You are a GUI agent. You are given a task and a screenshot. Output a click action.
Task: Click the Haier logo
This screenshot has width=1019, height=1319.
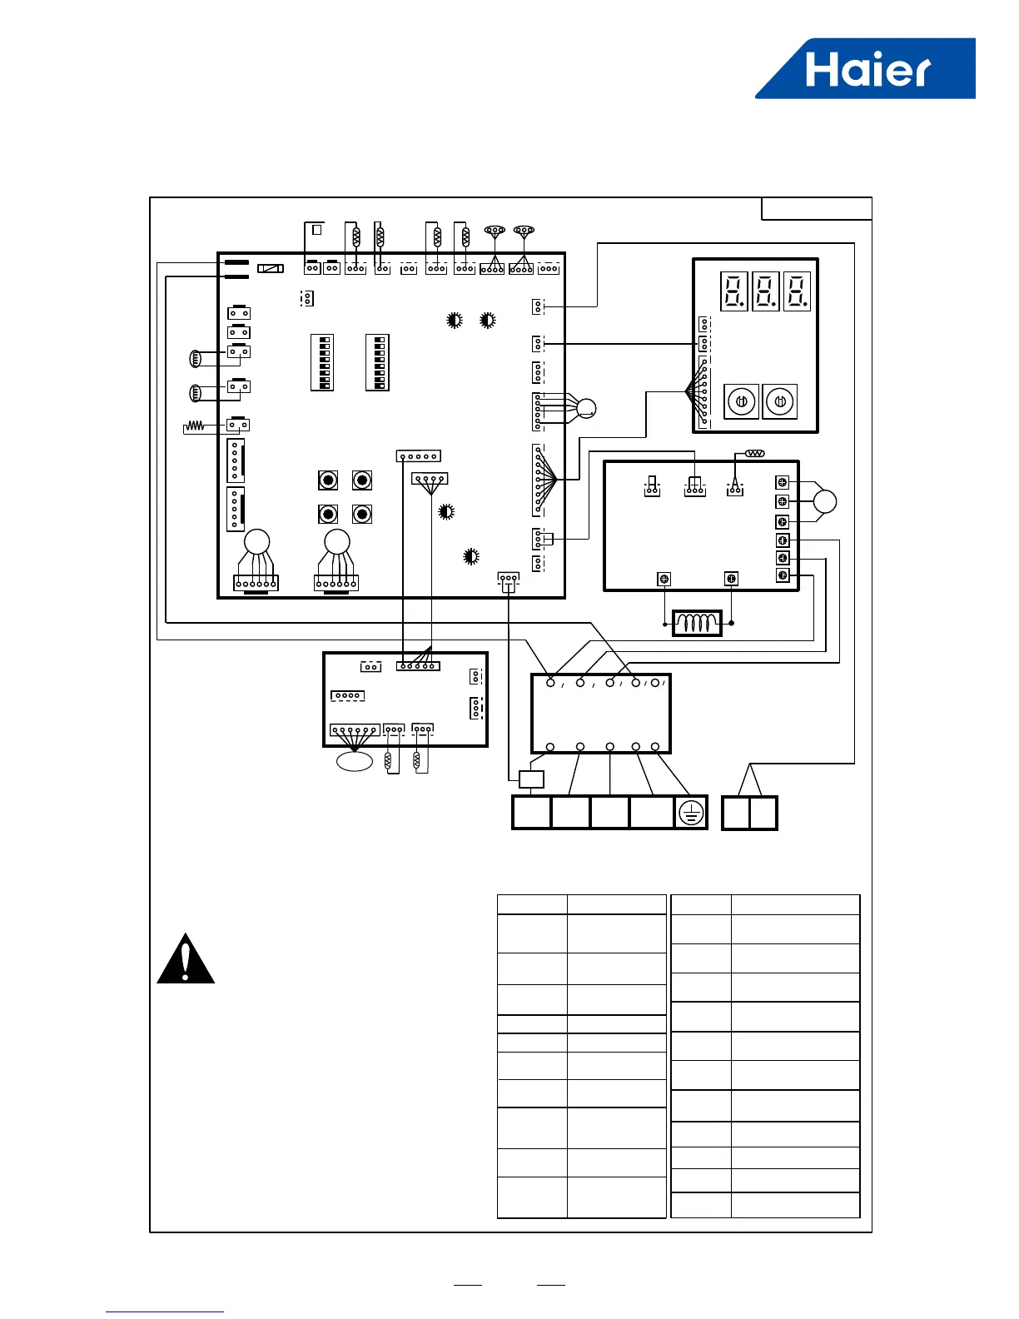tap(866, 70)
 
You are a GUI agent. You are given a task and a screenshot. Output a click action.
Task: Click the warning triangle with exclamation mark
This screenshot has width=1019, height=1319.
tap(186, 960)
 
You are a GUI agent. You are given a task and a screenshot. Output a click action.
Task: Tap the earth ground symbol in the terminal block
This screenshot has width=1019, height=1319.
tap(691, 813)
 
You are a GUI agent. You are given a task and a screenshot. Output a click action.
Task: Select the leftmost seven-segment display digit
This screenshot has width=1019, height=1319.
tap(734, 291)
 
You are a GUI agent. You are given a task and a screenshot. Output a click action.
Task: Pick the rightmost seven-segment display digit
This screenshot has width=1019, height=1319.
tap(797, 291)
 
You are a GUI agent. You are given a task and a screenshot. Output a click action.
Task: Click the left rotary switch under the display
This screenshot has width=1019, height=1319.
tap(741, 401)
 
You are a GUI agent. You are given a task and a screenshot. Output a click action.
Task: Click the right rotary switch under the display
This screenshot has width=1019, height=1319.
tap(780, 401)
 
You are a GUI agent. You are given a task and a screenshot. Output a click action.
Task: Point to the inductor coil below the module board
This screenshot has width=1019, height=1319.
tap(697, 623)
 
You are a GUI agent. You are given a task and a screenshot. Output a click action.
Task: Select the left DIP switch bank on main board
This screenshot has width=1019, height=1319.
tap(322, 362)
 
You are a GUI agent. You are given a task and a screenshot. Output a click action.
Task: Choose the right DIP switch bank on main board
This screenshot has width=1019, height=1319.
tap(377, 362)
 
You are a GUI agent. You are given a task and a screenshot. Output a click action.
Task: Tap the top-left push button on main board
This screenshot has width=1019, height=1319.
tap(328, 480)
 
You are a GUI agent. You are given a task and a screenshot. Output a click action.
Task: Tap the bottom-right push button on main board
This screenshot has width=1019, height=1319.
tap(361, 514)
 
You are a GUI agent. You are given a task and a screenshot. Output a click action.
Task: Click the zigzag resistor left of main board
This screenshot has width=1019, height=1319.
tap(194, 426)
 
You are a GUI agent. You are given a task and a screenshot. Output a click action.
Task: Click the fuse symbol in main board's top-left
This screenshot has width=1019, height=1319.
tap(271, 268)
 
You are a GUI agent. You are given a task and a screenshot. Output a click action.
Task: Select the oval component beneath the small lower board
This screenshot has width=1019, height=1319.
tap(354, 761)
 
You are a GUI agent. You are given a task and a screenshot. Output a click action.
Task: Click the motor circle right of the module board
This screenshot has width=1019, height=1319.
tap(825, 501)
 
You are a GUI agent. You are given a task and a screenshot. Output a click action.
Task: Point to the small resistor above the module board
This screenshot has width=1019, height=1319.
tap(755, 454)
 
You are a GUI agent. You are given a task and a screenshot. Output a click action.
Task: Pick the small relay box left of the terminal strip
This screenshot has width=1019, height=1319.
tap(531, 779)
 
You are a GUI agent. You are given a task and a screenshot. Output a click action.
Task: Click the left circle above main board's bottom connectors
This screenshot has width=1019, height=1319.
tap(257, 542)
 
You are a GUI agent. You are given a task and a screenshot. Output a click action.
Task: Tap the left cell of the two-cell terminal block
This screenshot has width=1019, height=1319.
tap(735, 813)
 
